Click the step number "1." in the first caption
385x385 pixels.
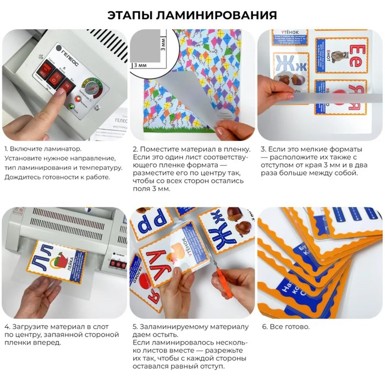(7, 149)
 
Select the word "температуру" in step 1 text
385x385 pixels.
(95, 167)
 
